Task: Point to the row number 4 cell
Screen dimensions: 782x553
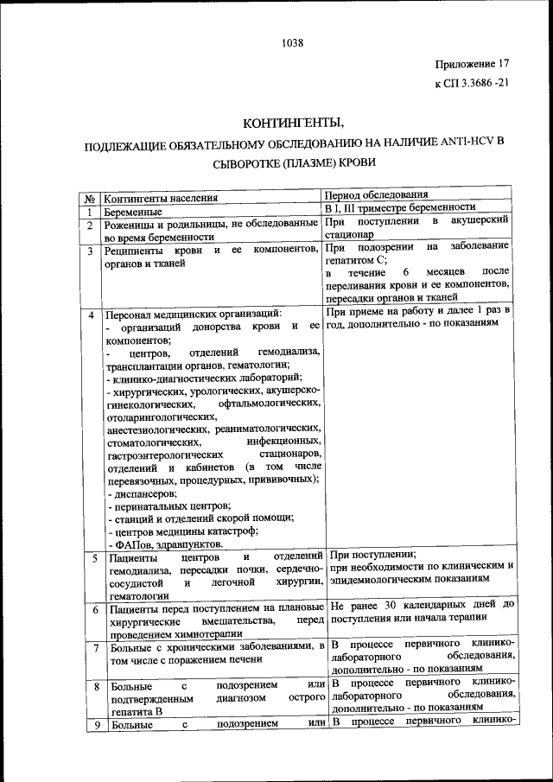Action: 91,314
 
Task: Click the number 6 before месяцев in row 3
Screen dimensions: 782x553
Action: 404,272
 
